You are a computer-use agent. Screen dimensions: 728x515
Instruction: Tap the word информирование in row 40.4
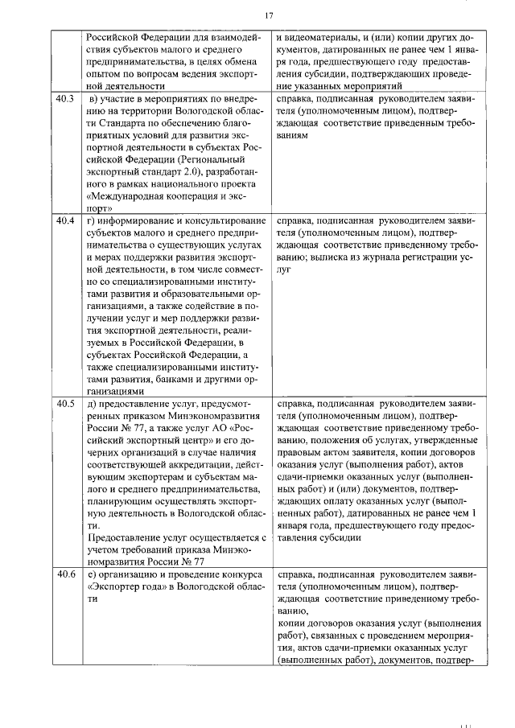[142, 220]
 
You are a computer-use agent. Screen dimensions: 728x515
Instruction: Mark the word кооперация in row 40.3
[199, 195]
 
